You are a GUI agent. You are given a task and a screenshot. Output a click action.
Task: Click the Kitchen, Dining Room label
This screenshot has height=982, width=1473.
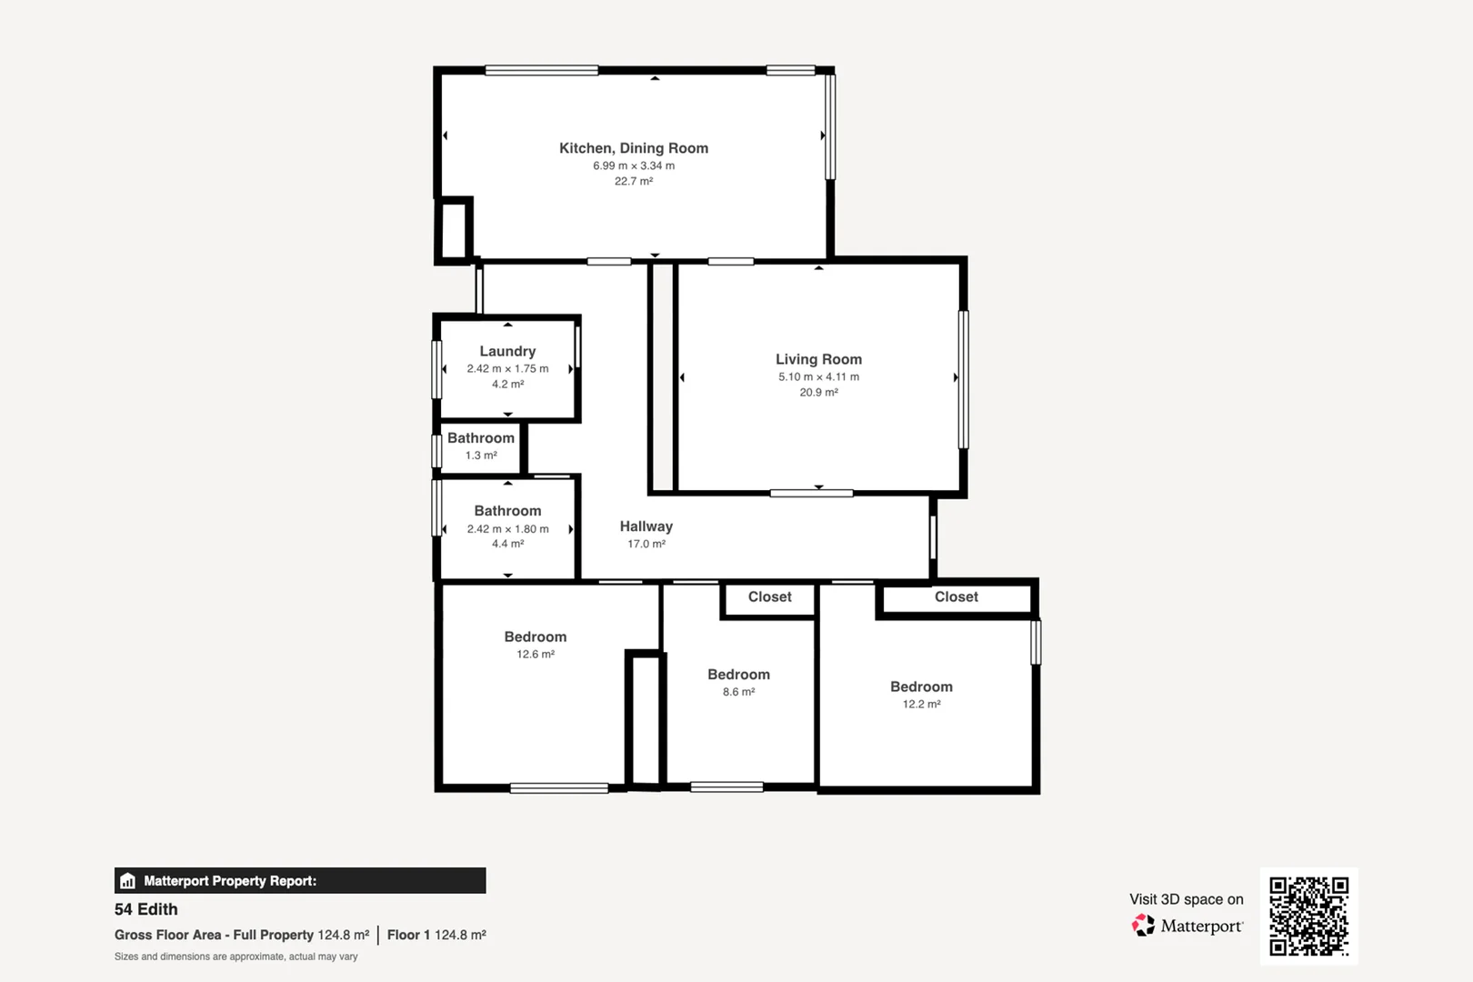pos(633,148)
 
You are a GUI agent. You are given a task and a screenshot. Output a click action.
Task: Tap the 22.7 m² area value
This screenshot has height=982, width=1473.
pos(633,181)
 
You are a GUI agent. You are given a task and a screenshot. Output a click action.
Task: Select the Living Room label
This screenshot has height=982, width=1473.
pos(818,359)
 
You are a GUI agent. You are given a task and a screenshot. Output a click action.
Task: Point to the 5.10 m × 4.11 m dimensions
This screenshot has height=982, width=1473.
pos(818,376)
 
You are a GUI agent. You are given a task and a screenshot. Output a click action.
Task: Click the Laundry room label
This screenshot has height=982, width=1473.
pos(507,351)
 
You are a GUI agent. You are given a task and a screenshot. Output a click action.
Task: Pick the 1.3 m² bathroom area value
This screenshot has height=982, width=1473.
pos(481,456)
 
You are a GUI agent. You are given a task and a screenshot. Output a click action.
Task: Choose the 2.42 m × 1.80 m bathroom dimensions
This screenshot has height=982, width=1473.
pos(507,528)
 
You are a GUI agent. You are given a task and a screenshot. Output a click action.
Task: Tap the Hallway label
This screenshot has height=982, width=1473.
pos(646,526)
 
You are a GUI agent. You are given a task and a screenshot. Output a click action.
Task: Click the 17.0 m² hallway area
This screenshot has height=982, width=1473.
pos(646,544)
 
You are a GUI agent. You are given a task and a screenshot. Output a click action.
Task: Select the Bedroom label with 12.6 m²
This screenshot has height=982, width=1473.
pos(535,636)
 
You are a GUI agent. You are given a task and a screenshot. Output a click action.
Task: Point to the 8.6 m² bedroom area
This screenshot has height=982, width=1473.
pos(738,692)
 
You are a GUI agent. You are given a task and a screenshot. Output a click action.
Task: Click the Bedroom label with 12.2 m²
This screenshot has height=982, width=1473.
pos(921,686)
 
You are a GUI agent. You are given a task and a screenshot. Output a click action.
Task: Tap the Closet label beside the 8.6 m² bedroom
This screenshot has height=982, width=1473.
pos(769,596)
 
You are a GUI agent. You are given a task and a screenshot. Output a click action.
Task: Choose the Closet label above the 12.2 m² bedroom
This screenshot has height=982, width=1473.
pos(956,596)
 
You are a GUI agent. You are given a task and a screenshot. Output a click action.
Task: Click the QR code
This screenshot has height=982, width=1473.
pos(1308,916)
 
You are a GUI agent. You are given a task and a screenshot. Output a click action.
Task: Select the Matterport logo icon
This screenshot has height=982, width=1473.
pos(1143,926)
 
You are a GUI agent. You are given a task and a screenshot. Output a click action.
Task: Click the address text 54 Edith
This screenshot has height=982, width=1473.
pos(146,909)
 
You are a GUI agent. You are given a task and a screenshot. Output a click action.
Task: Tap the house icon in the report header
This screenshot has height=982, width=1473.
pos(128,880)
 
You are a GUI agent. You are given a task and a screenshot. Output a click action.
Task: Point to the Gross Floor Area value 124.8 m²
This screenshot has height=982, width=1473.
pos(343,935)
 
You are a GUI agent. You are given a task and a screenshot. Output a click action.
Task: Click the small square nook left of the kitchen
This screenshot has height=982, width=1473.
pos(453,231)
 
